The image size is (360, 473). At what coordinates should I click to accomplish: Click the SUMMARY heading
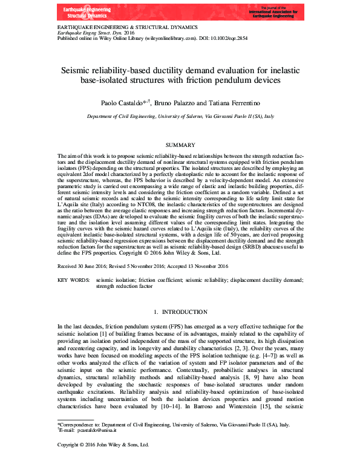[x=180, y=146]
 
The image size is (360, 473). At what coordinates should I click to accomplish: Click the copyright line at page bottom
[x=102, y=462]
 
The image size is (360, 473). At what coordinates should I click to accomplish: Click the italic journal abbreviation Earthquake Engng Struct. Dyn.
[x=87, y=33]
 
